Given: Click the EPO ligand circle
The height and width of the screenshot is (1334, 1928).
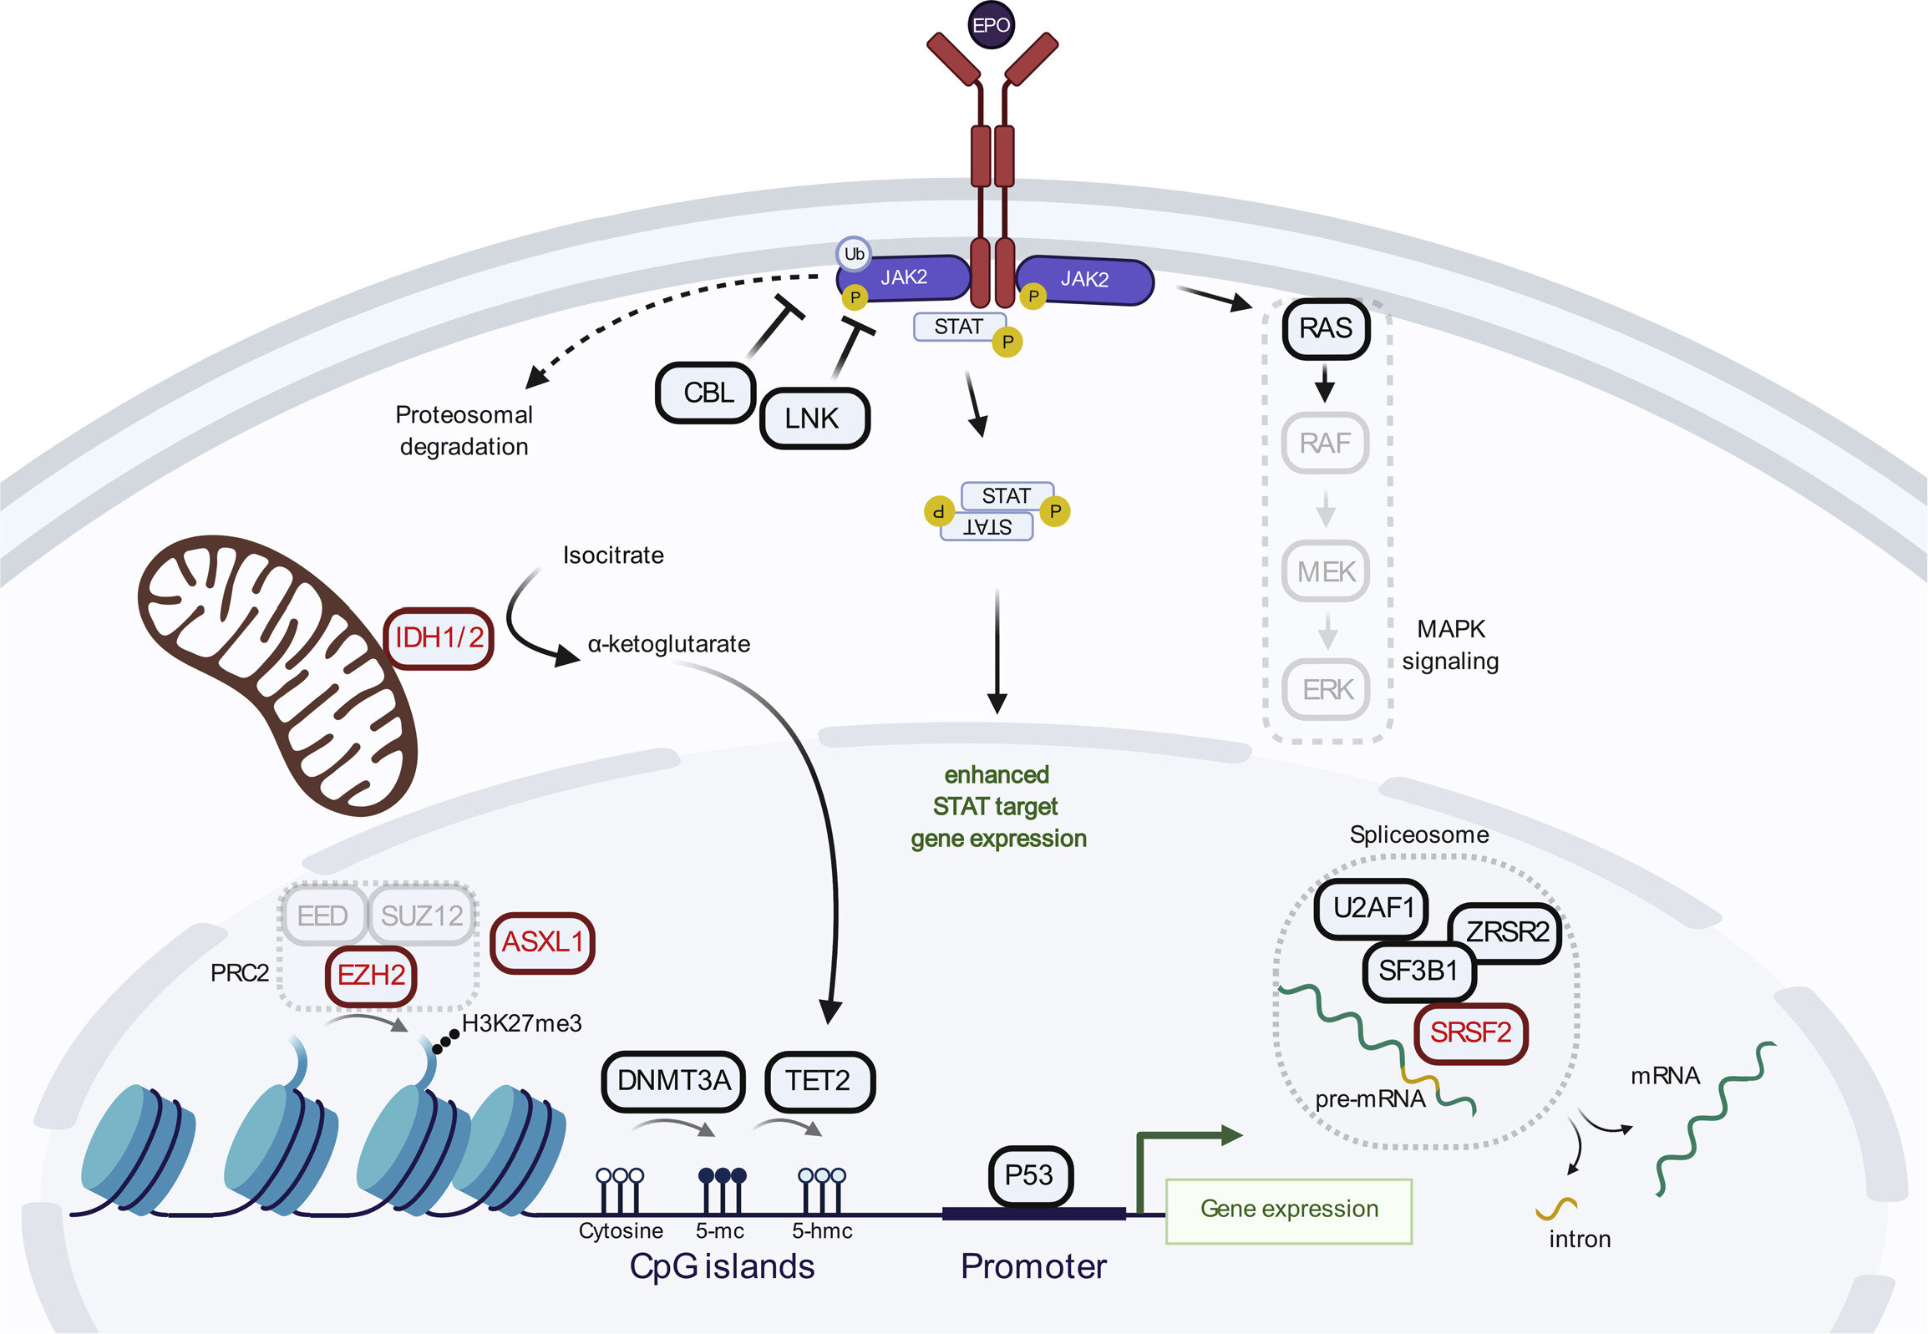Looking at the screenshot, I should point(992,25).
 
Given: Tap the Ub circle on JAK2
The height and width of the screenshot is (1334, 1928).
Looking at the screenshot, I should point(853,254).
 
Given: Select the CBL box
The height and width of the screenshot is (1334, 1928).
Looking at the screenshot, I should point(707,393).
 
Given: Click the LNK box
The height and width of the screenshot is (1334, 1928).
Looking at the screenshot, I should point(814,418).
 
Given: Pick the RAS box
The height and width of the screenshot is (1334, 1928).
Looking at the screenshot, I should point(1326,328).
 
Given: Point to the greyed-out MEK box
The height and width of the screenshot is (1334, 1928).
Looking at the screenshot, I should point(1326,571).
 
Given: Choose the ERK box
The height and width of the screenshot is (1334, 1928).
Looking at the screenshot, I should point(1327,690).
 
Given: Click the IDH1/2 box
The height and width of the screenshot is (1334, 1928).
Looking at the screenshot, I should point(439,638).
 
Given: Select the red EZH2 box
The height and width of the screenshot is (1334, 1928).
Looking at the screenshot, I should point(371,976).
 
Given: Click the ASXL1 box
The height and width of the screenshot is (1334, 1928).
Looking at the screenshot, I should point(542,943).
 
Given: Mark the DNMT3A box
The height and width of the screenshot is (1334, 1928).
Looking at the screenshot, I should point(673,1082).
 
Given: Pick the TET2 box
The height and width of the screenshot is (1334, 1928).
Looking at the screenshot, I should point(819,1082).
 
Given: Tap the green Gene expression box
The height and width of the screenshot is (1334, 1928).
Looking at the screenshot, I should point(1289,1210).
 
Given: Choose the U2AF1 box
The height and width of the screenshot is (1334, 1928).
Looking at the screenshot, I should point(1372,909).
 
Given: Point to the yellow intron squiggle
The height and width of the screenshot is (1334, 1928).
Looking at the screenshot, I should point(1556,1207).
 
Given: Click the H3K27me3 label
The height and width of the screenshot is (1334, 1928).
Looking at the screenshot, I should point(521,1024).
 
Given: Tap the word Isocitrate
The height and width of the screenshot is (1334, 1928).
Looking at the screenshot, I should point(613,555).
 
